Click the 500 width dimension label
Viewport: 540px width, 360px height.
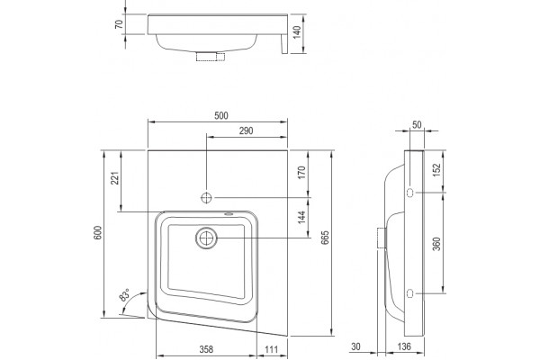click(221, 116)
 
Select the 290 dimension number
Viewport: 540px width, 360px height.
click(246, 130)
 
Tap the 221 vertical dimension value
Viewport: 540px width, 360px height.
click(115, 178)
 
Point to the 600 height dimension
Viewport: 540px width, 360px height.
click(98, 233)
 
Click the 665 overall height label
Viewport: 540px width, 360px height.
click(325, 238)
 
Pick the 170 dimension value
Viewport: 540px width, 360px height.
click(301, 172)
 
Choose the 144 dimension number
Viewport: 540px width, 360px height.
click(301, 218)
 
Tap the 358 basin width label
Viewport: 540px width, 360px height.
click(206, 349)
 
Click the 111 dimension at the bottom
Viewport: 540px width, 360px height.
click(272, 349)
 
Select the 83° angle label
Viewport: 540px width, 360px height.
click(124, 295)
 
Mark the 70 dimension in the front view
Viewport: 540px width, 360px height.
click(119, 24)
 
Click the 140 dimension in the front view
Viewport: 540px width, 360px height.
click(297, 32)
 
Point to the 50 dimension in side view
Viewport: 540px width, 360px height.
click(417, 125)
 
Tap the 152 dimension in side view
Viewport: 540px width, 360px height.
click(436, 170)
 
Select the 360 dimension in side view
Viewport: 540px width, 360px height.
click(436, 244)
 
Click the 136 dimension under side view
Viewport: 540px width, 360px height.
click(404, 346)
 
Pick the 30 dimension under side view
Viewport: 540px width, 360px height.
click(355, 346)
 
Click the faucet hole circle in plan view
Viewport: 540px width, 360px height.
click(206, 198)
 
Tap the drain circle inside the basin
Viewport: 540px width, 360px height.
click(207, 238)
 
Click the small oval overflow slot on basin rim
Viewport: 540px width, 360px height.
click(229, 214)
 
